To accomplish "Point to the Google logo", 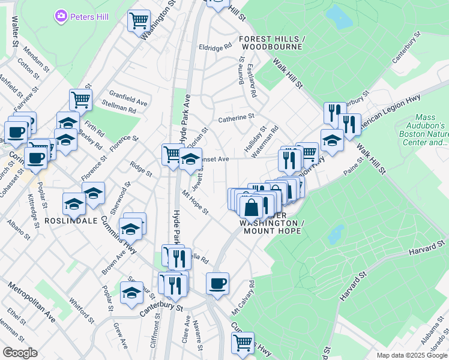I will point(20,352).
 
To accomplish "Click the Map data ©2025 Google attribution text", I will point(411,355).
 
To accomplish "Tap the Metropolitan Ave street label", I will point(32,302).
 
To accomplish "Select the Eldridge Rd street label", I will point(215,47).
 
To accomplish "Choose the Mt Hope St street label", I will point(195,203).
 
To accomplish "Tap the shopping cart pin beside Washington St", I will point(139,21).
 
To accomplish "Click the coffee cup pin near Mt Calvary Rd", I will point(217,283).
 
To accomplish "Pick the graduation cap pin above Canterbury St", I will point(131,292).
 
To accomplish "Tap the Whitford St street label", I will point(83,311).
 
